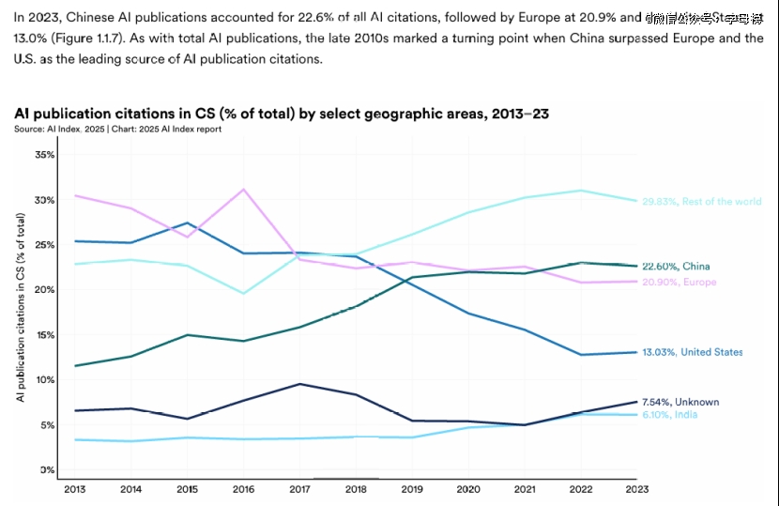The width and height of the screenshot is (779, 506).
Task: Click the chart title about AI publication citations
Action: [x=282, y=114]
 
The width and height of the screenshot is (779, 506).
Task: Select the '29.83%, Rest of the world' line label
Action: [x=700, y=201]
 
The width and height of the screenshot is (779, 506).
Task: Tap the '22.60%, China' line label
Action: [x=676, y=267]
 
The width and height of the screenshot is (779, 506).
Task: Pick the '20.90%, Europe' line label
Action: [x=679, y=282]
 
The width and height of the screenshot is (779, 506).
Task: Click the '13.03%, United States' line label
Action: [x=692, y=352]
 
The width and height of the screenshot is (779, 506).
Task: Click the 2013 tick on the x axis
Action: [x=75, y=488]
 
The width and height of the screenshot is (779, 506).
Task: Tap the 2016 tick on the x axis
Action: [x=244, y=488]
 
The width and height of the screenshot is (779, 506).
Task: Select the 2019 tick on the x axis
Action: [x=413, y=488]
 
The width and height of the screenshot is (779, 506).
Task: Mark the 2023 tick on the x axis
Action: [x=638, y=488]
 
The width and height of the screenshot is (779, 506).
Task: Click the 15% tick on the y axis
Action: [x=46, y=335]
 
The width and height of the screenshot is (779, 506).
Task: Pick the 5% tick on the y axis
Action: [x=48, y=425]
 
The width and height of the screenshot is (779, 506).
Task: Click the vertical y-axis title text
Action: [x=20, y=308]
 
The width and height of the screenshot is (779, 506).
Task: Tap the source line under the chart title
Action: [x=118, y=130]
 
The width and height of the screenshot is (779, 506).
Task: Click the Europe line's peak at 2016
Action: [x=244, y=190]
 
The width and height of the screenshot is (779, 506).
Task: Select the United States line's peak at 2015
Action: [x=188, y=223]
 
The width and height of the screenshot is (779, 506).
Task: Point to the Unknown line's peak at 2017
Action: [x=299, y=384]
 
